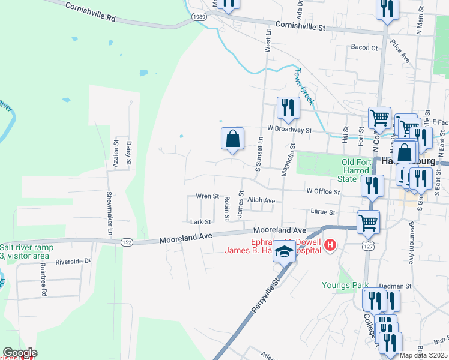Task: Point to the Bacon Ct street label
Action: pos(364,47)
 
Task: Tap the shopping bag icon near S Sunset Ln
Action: pos(232,139)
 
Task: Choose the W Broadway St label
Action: pos(290,129)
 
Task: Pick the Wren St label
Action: pos(207,196)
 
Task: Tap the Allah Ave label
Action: pos(261,200)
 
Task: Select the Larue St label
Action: pos(322,212)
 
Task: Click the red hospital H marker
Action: pos(330,245)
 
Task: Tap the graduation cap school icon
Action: pos(284,252)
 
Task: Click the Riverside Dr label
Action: pos(73,261)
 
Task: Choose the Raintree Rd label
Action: pos(44,282)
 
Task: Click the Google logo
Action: pos(20,353)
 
